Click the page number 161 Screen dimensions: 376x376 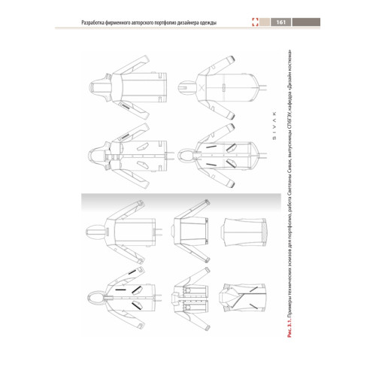[x=281, y=22]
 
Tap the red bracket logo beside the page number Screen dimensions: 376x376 [x=255, y=22]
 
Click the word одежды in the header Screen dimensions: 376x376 [x=208, y=23]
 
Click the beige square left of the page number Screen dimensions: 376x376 [x=265, y=22]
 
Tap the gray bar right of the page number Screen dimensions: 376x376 [x=306, y=22]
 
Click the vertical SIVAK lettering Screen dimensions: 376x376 [x=274, y=125]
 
